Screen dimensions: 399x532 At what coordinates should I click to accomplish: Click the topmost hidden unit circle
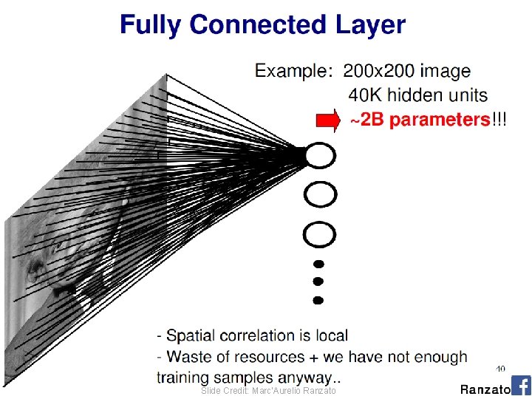320,156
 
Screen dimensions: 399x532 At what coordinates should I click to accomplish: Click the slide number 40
500,368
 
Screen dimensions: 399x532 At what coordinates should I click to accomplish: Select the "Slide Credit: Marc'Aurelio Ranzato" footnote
269,390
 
